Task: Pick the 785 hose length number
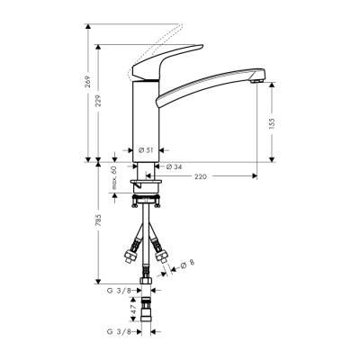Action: [98, 222]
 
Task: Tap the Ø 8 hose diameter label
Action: [186, 264]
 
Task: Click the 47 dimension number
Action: [134, 310]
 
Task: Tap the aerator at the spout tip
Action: [257, 82]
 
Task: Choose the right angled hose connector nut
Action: [163, 256]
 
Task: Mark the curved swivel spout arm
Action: [207, 82]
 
